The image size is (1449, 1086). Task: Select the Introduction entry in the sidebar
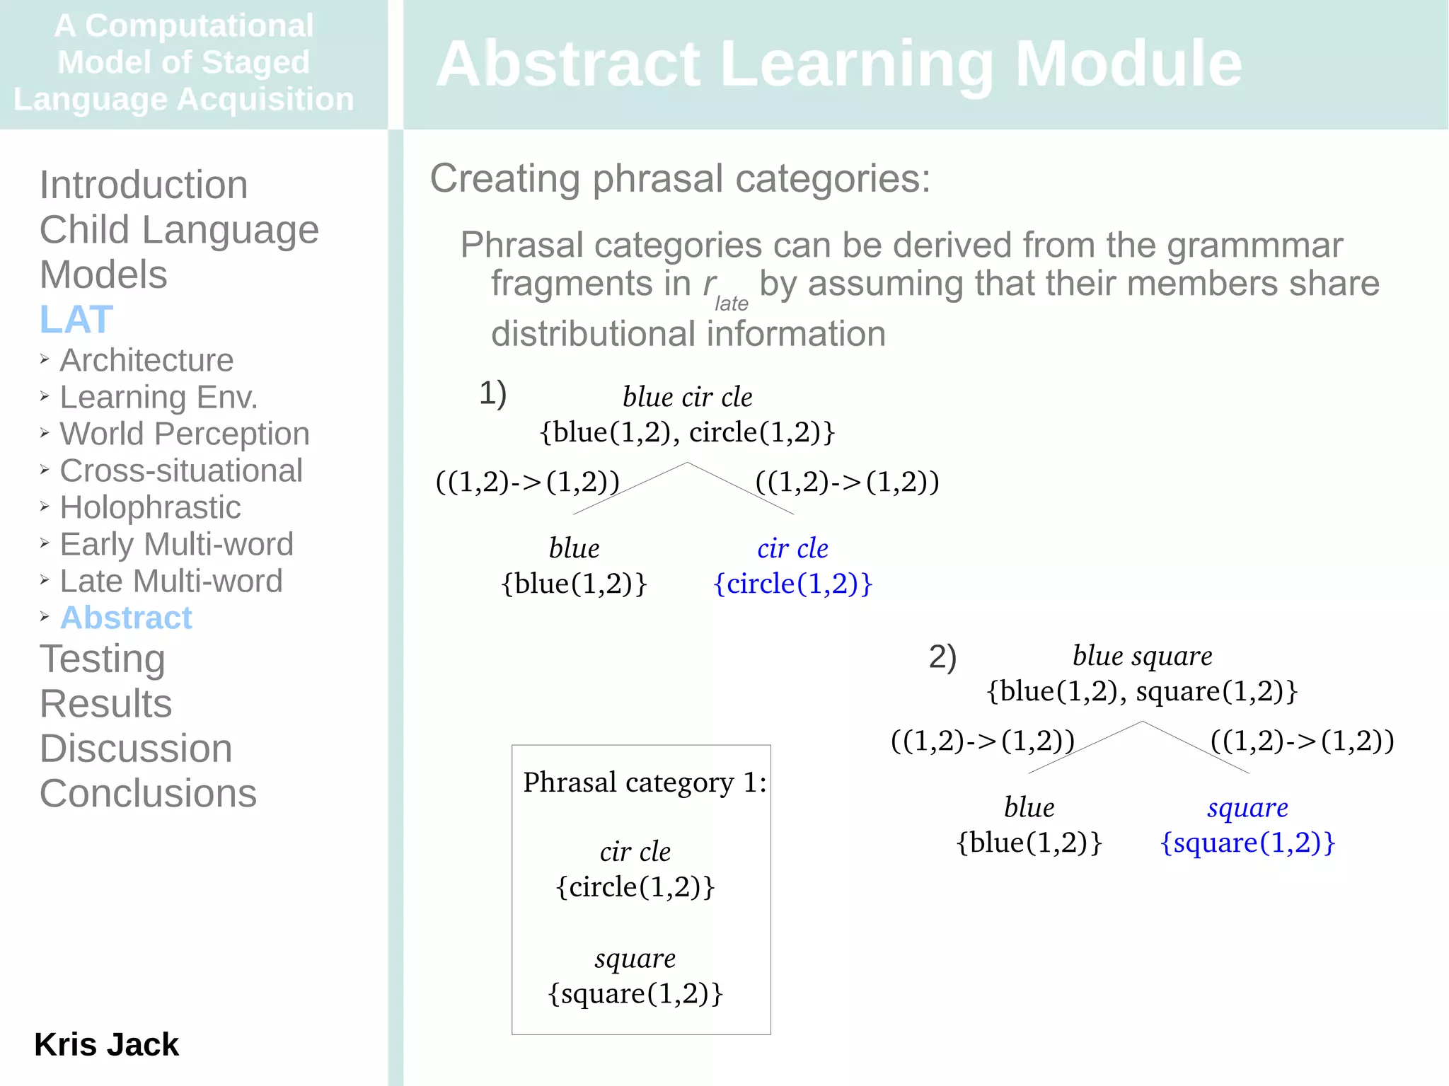[x=144, y=185]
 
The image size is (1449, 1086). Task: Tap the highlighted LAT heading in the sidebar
[x=76, y=319]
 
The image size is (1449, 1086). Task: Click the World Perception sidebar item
[x=184, y=434]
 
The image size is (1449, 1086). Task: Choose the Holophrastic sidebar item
[x=150, y=507]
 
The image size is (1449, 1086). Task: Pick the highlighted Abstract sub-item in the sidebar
[x=126, y=618]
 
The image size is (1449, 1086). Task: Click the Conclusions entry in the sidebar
[x=148, y=793]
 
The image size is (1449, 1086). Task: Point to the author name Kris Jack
[x=106, y=1044]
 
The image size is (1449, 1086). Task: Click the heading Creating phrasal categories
[x=680, y=178]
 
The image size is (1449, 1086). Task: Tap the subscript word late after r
[x=731, y=304]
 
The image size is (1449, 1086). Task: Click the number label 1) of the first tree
[x=492, y=393]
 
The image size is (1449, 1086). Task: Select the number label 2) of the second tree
[x=942, y=657]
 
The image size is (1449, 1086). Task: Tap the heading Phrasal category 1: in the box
[x=644, y=782]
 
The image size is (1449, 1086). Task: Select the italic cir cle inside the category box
[x=635, y=852]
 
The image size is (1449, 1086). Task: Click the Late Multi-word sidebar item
[x=171, y=581]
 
